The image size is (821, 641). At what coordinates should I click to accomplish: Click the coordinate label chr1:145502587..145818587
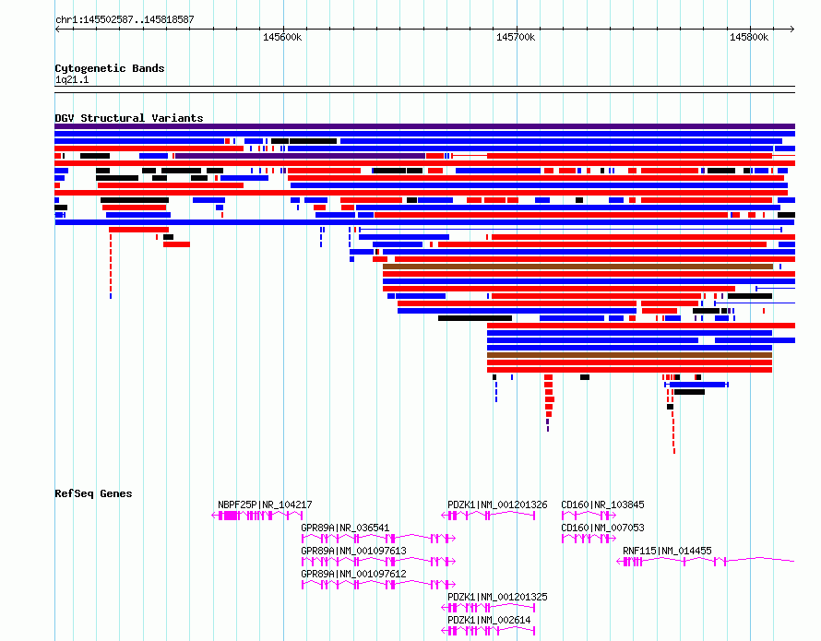[x=125, y=19]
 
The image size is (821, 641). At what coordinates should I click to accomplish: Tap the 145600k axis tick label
[x=282, y=37]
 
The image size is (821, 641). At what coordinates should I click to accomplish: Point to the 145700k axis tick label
[x=516, y=37]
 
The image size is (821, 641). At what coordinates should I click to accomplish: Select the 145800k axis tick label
[x=749, y=37]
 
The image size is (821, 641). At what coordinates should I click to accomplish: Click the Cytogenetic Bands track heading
[x=110, y=68]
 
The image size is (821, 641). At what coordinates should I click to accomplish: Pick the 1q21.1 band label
[x=72, y=79]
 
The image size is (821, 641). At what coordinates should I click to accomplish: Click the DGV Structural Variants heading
[x=129, y=118]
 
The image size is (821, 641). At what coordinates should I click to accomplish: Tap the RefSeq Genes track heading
[x=93, y=493]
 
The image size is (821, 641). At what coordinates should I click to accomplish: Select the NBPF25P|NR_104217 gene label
[x=265, y=504]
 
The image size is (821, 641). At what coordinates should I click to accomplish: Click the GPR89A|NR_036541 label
[x=345, y=528]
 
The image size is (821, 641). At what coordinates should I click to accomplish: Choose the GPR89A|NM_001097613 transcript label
[x=353, y=551]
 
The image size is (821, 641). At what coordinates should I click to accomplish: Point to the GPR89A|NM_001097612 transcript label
[x=353, y=574]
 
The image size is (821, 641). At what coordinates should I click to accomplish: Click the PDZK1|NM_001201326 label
[x=497, y=504]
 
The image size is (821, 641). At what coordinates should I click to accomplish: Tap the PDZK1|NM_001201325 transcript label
[x=497, y=597]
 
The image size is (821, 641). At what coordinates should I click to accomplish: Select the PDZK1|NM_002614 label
[x=489, y=620]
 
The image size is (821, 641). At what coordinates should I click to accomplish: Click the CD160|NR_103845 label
[x=602, y=504]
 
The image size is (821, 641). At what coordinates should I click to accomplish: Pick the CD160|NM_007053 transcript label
[x=602, y=528]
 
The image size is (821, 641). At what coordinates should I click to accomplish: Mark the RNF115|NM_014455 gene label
[x=667, y=551]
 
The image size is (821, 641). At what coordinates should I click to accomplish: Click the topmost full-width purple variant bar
[x=424, y=126]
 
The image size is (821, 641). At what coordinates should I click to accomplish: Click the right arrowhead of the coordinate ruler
[x=792, y=29]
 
